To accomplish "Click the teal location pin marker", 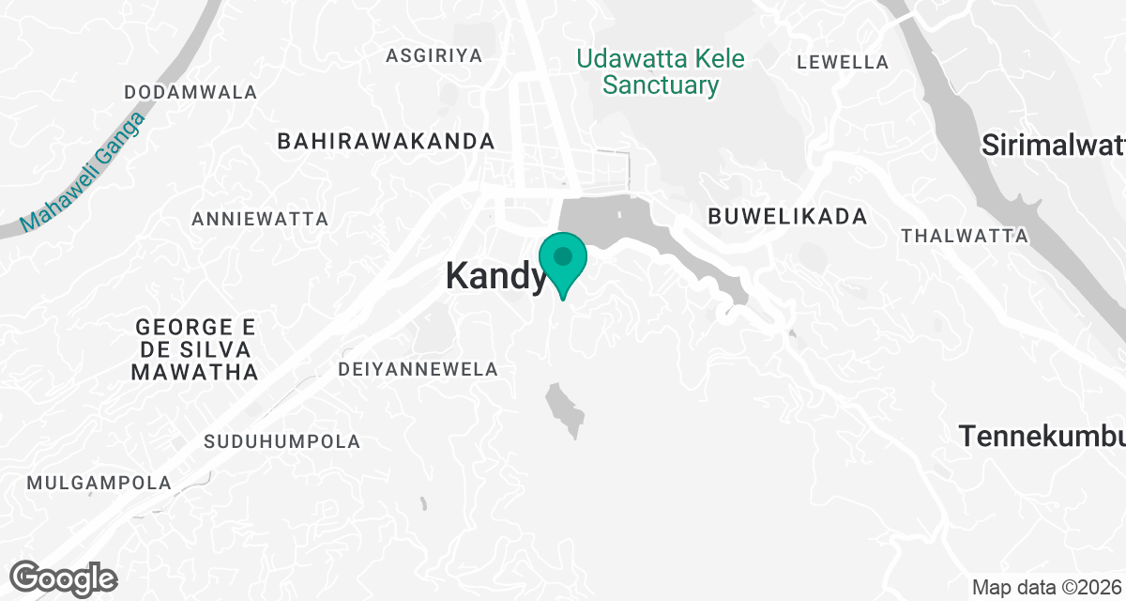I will tap(563, 259).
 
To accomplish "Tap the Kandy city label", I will tap(495, 276).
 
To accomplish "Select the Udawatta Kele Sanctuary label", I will tap(661, 72).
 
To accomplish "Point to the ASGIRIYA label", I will tap(434, 56).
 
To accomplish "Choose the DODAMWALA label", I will tap(190, 93).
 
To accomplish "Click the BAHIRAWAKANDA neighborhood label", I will tap(386, 142).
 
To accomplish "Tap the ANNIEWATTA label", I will tap(260, 220).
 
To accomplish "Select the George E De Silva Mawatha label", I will tap(195, 350).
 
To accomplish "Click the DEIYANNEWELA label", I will tap(418, 370).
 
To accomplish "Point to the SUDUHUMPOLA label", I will tap(282, 441).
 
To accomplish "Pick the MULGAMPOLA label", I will tap(99, 484).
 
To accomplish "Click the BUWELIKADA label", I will tap(787, 217).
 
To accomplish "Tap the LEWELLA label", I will tap(842, 63).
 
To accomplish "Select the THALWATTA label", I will tap(965, 236).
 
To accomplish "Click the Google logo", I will tap(64, 578).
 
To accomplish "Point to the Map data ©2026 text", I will tap(1045, 588).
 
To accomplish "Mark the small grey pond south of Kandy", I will tap(564, 408).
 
